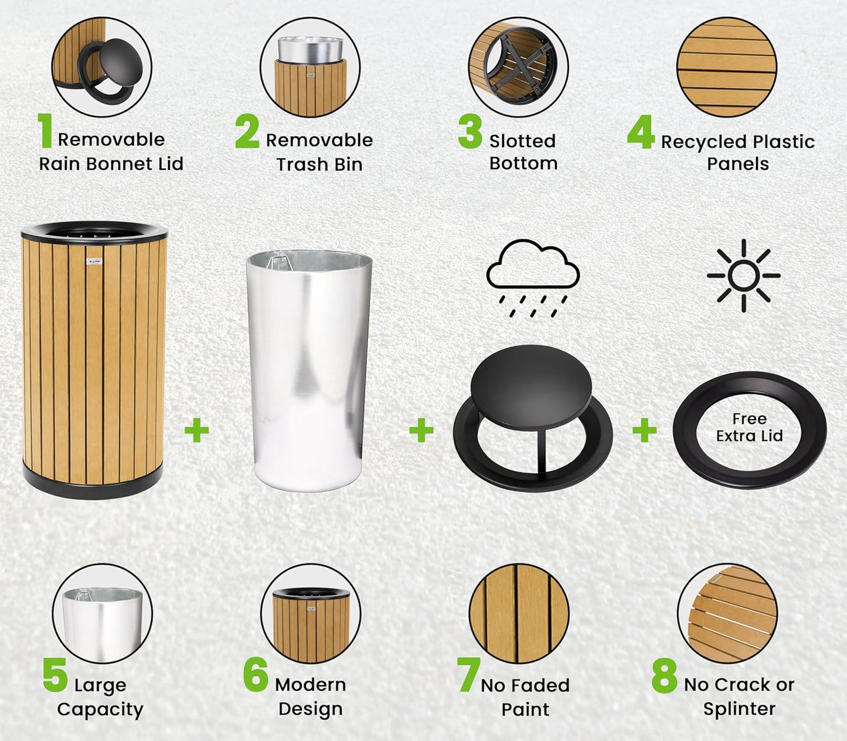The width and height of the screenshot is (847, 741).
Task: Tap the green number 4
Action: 640,132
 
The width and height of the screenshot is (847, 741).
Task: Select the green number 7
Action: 468,675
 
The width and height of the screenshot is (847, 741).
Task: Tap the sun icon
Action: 743,275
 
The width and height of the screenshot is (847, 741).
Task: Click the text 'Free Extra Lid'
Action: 749,427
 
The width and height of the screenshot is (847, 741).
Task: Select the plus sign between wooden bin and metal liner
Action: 196,431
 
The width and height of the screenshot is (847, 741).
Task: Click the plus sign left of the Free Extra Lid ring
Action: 644,431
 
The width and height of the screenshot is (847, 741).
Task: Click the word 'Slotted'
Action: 522,141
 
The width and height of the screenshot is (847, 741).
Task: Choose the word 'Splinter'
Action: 739,709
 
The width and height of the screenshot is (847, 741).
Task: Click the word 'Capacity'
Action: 100,709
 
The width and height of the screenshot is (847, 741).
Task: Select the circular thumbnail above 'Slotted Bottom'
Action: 518,67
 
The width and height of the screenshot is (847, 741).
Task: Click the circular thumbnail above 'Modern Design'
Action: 311,614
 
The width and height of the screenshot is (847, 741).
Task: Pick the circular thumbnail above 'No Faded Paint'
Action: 519,614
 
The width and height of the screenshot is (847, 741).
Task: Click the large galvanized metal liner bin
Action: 309,369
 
